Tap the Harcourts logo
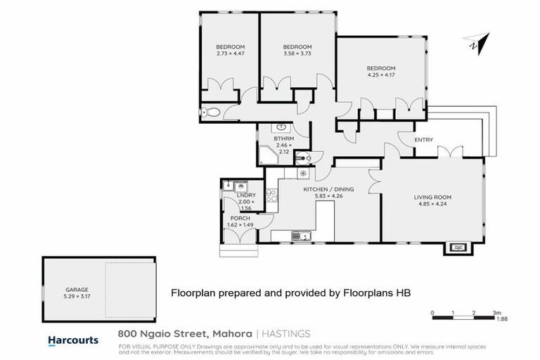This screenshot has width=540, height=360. click(x=73, y=340)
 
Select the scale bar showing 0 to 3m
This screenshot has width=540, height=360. click(x=464, y=317)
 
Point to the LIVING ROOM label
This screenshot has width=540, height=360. click(x=432, y=197)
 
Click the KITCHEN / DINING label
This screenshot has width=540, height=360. click(x=328, y=190)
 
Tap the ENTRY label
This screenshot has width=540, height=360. click(x=423, y=140)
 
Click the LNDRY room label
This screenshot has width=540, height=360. click(x=245, y=194)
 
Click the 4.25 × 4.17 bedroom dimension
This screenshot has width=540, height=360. click(x=380, y=74)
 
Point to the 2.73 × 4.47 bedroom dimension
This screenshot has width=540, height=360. click(x=230, y=53)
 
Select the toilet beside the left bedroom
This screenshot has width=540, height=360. click(x=209, y=112)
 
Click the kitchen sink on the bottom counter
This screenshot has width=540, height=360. click(x=299, y=236)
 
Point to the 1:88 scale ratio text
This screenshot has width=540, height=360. click(x=501, y=319)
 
